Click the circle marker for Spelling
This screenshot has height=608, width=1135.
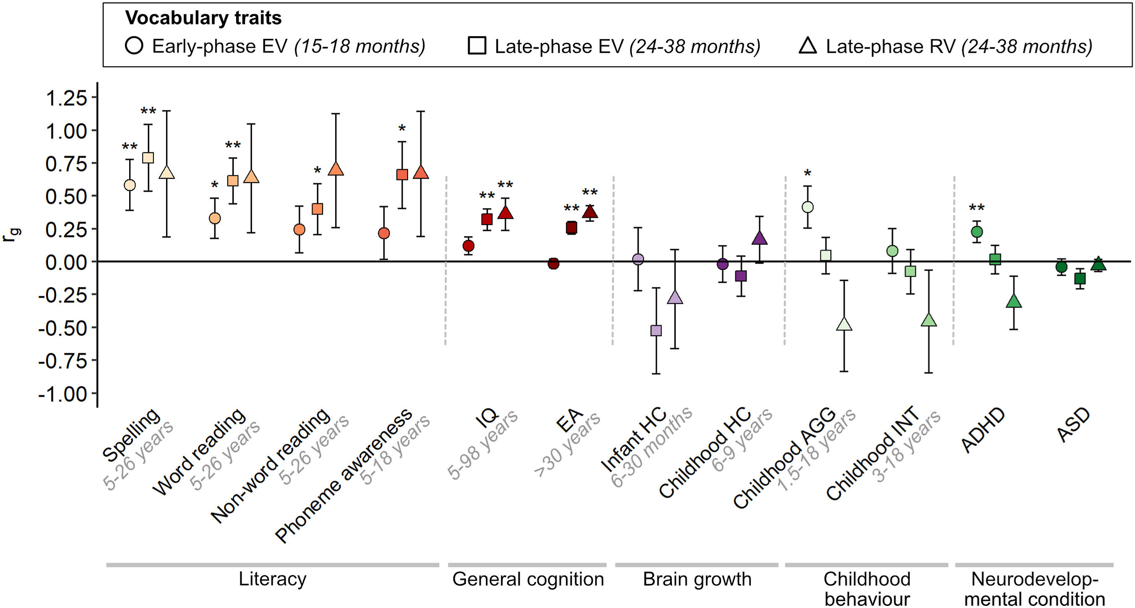pos(130,185)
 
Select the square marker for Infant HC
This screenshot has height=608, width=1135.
pos(656,331)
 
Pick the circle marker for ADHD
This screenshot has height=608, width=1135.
pos(977,232)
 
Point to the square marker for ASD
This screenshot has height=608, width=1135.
pos(1080,279)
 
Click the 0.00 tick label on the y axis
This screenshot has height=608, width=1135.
pos(66,262)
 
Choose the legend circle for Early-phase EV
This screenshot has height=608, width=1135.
pos(134,46)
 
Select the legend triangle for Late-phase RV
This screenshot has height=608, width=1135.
pos(808,46)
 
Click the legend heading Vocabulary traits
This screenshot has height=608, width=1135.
pos(203,18)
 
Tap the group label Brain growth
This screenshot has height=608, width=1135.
pos(697,579)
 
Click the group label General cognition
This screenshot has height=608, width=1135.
pos(528,579)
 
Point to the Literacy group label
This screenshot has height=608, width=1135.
pos(272,579)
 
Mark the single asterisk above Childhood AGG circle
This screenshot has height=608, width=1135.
pos(807,173)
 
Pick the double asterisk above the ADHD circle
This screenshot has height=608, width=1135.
pos(977,207)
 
